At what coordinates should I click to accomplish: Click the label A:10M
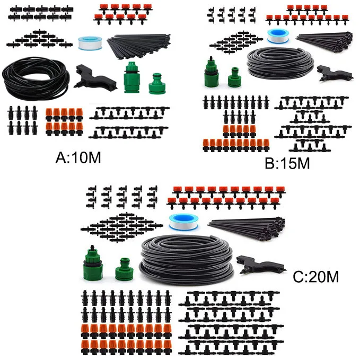tap(78, 157)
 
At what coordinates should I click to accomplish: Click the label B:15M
tap(287, 163)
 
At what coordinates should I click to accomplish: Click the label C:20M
tap(315, 277)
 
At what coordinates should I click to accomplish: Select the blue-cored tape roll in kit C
tap(179, 222)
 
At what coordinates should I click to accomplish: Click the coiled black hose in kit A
tap(36, 78)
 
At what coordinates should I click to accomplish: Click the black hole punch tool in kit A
tap(95, 78)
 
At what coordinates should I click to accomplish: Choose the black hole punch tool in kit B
tap(334, 74)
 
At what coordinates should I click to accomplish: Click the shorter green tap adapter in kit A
tap(157, 84)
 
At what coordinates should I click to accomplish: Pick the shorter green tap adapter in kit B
tap(234, 77)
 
